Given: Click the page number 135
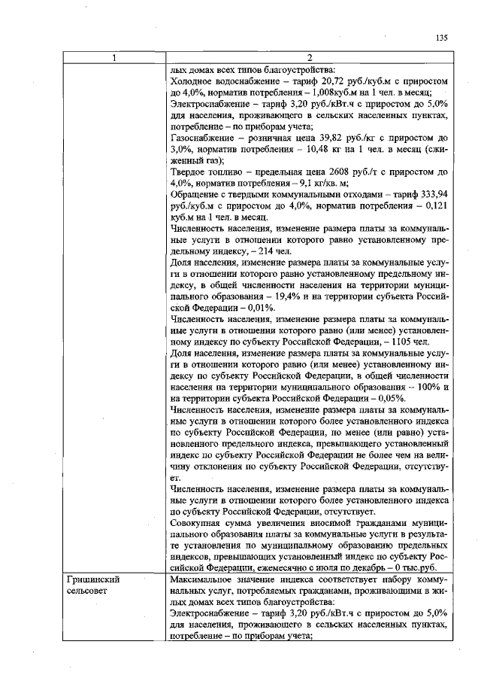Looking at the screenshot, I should (442, 38).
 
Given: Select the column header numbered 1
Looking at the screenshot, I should (115, 59).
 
